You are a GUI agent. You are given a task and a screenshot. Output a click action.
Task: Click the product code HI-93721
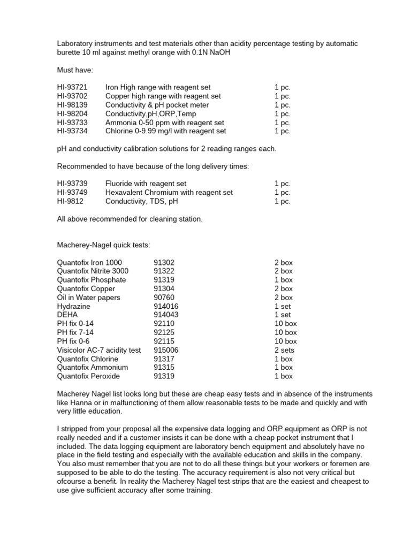click(x=72, y=87)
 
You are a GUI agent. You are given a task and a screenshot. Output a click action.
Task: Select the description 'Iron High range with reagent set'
click(x=158, y=87)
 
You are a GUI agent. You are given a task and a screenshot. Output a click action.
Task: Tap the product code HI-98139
click(x=72, y=105)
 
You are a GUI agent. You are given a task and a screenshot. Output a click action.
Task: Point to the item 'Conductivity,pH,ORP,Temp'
click(x=150, y=113)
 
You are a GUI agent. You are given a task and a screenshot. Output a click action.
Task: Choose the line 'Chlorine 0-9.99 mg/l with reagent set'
click(x=165, y=131)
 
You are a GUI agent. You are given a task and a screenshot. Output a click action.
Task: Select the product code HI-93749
click(x=72, y=193)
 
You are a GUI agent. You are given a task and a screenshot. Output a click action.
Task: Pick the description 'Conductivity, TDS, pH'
click(x=142, y=201)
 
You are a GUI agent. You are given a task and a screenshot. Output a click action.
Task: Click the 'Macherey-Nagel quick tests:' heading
click(x=103, y=245)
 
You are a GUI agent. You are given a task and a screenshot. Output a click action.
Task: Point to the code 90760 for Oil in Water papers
click(x=164, y=298)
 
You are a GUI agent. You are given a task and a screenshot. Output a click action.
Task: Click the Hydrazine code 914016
click(x=166, y=306)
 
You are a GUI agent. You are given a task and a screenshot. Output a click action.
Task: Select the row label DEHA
click(x=67, y=315)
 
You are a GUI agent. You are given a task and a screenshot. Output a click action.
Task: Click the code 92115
click(x=164, y=341)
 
